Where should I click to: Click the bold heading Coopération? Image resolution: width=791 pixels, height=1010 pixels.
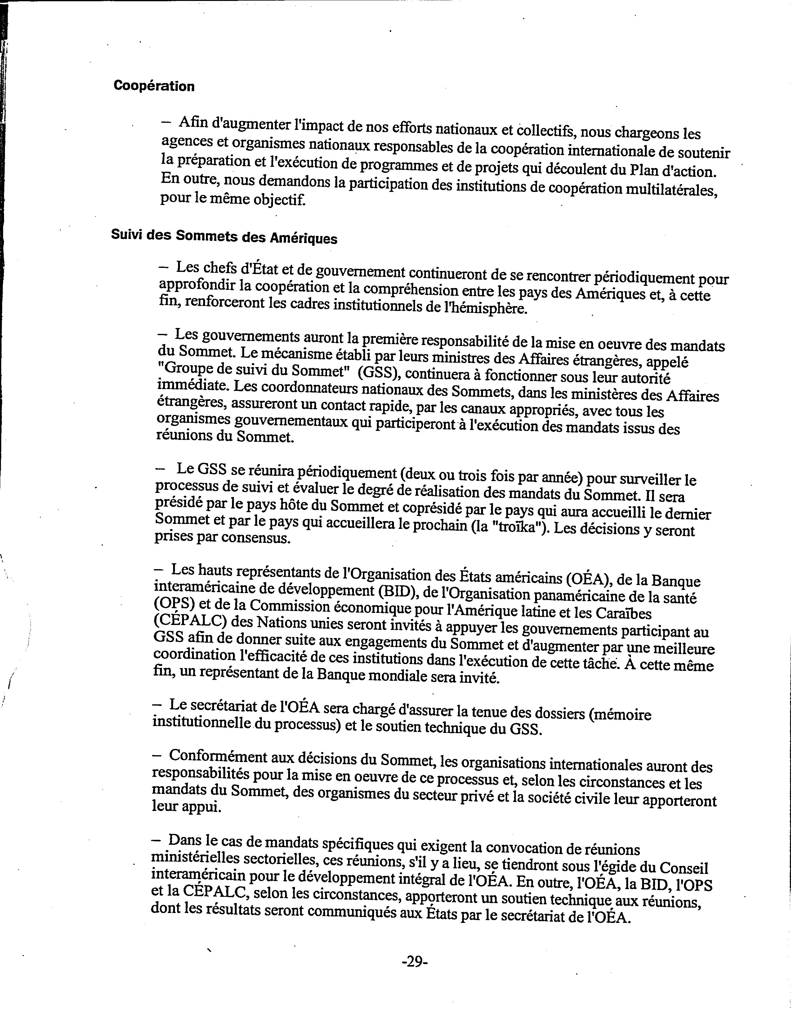[154, 86]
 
